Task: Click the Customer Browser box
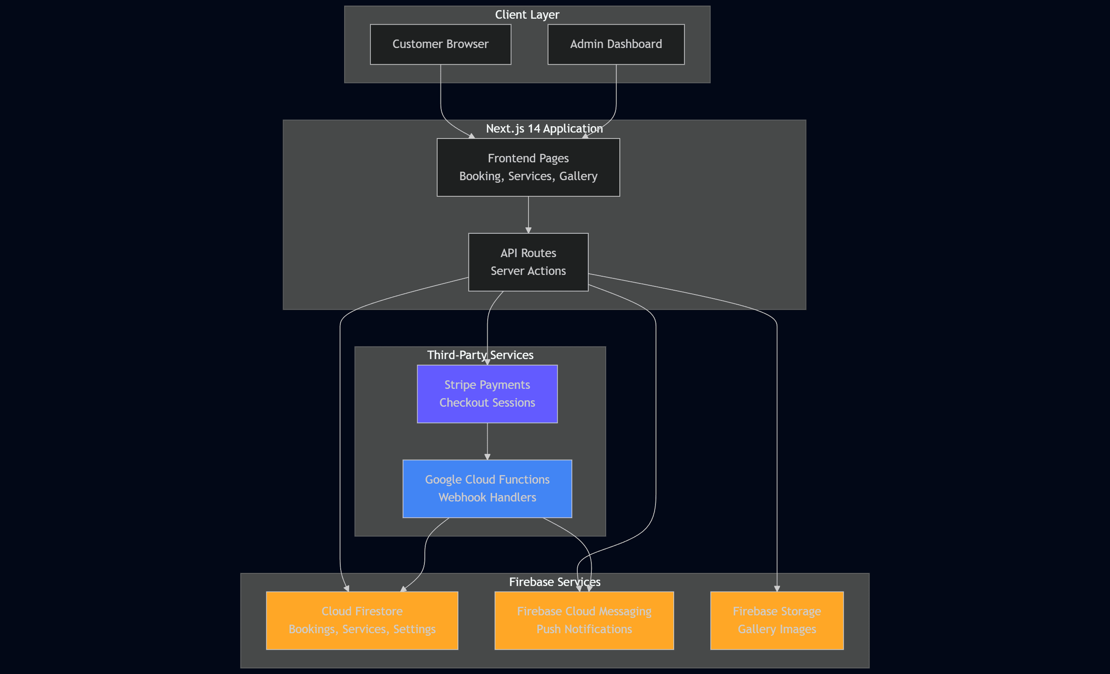click(440, 44)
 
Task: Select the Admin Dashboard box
click(616, 44)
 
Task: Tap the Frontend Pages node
click(528, 167)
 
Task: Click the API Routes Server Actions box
click(528, 262)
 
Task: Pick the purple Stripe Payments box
click(487, 394)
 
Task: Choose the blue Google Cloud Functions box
click(487, 488)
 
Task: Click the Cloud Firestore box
click(362, 620)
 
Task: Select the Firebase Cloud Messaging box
click(584, 620)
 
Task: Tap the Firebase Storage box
click(777, 620)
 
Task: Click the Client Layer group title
click(527, 15)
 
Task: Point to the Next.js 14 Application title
click(544, 129)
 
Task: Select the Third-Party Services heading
click(480, 355)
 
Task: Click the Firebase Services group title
click(554, 582)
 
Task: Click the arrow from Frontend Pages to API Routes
click(528, 215)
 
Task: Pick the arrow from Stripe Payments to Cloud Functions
click(487, 441)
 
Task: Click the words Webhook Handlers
click(487, 497)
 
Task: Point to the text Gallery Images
click(777, 629)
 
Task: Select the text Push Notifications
click(584, 629)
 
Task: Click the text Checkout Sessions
click(487, 403)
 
